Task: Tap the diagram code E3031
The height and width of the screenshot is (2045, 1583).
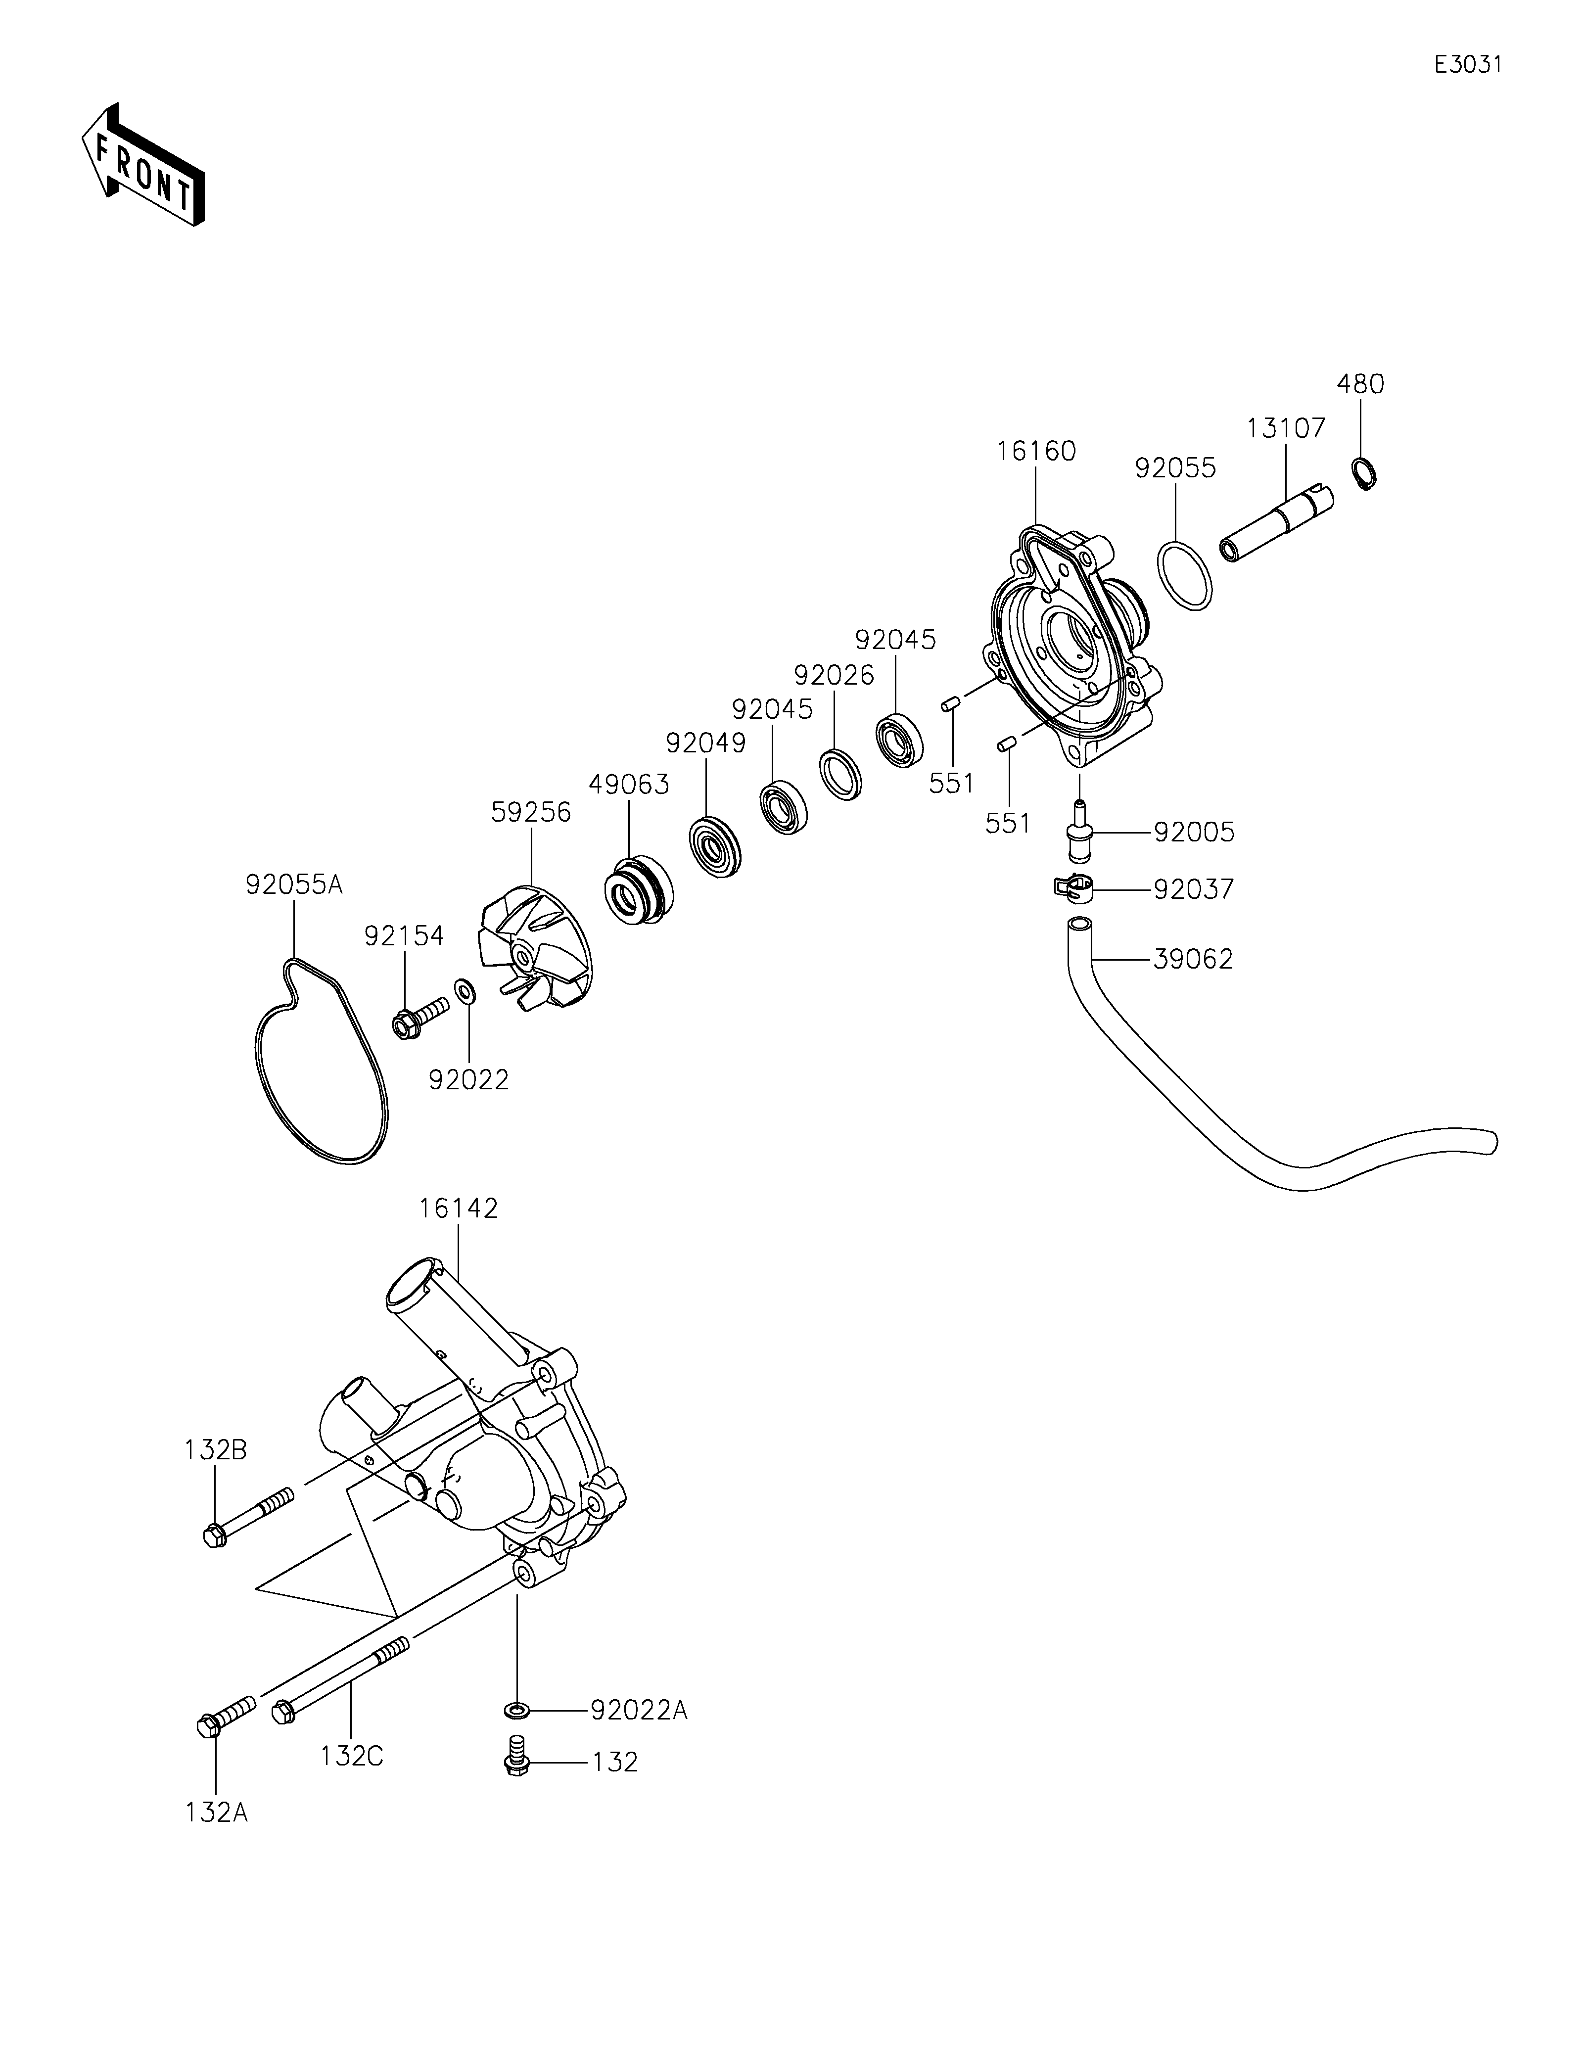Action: pyautogui.click(x=1468, y=65)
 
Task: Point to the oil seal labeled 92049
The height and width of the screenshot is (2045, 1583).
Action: pyautogui.click(x=714, y=847)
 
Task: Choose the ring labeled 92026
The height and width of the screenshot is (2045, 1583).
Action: pyautogui.click(x=839, y=774)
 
